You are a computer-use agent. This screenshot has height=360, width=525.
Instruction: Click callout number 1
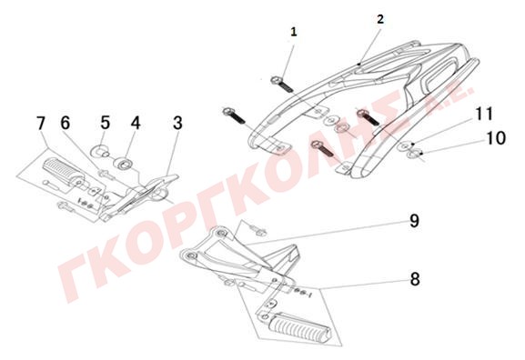pyautogui.click(x=294, y=32)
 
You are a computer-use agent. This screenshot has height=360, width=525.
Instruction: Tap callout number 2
pyautogui.click(x=380, y=19)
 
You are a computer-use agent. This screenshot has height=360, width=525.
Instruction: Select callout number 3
pyautogui.click(x=177, y=123)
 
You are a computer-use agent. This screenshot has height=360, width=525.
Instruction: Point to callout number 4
pyautogui.click(x=136, y=123)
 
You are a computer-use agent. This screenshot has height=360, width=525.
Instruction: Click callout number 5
pyautogui.click(x=106, y=123)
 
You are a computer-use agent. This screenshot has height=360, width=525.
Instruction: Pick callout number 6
pyautogui.click(x=66, y=123)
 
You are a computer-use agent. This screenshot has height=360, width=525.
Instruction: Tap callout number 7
pyautogui.click(x=41, y=124)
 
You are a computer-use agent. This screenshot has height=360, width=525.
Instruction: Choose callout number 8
pyautogui.click(x=415, y=279)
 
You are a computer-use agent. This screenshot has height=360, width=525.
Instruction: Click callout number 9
pyautogui.click(x=415, y=221)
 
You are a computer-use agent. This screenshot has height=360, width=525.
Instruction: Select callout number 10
pyautogui.click(x=496, y=138)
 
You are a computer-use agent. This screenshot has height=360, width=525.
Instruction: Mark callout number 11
pyautogui.click(x=484, y=114)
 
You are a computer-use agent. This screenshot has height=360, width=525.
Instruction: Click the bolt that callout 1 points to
pyautogui.click(x=281, y=84)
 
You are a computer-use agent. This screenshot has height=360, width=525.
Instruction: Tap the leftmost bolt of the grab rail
pyautogui.click(x=234, y=115)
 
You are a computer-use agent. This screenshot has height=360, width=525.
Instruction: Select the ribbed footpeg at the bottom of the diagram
pyautogui.click(x=302, y=329)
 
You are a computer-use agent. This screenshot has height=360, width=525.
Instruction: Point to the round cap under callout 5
pyautogui.click(x=100, y=152)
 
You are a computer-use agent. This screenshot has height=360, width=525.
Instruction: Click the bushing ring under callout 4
pyautogui.click(x=124, y=165)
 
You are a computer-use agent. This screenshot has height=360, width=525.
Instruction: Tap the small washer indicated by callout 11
pyautogui.click(x=406, y=145)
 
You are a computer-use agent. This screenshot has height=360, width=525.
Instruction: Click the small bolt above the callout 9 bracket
pyautogui.click(x=258, y=229)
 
